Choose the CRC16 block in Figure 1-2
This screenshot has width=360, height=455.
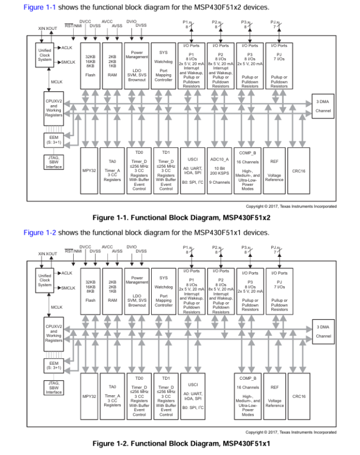pos(299,396)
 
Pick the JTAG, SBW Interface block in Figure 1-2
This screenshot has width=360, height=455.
pos(54,387)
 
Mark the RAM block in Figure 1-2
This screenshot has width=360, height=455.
pos(112,291)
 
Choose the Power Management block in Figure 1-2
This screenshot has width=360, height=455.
pos(137,291)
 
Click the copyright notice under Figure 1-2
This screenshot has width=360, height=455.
pos(290,432)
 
